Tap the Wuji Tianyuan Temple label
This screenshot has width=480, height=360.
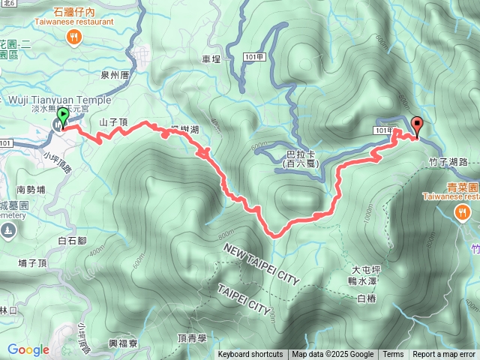(x=59, y=100)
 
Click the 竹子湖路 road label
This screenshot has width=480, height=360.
(x=448, y=161)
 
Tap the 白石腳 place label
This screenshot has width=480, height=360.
(x=73, y=241)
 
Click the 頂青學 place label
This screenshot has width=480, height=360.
(x=192, y=337)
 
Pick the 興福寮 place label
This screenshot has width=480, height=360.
(x=123, y=343)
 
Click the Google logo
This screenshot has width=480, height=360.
(x=28, y=349)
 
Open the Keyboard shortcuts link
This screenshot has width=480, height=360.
(x=250, y=355)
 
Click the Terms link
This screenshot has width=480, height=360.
(x=393, y=355)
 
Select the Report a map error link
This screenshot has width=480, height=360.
(x=445, y=355)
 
